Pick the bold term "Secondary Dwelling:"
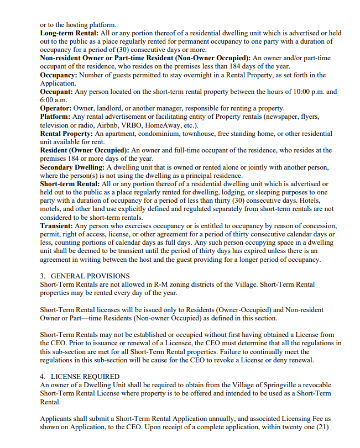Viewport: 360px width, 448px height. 72,167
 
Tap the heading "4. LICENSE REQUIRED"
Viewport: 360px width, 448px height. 80,376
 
